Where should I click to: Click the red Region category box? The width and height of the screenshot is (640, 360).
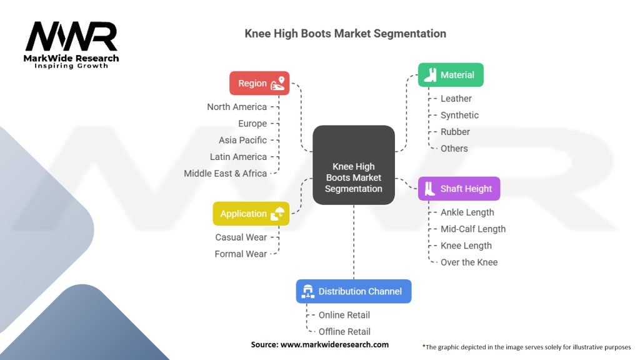point(259,83)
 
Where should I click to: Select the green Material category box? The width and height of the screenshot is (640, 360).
point(451,75)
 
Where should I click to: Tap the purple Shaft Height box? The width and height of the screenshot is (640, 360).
point(459,189)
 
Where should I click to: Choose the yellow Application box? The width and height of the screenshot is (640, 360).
point(251,214)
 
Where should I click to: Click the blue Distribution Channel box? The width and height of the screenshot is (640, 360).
point(354,291)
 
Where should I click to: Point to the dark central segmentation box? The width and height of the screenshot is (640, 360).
point(354,165)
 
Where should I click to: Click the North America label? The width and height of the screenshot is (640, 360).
point(237,107)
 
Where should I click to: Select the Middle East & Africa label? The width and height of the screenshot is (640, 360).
point(225,174)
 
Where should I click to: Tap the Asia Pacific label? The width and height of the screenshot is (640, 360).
point(243,140)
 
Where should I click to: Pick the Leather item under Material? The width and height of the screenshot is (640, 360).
point(456,99)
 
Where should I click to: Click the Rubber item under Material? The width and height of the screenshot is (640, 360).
point(455,132)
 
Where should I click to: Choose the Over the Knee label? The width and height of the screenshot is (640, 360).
point(469,262)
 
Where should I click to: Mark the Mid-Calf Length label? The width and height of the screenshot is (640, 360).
point(473,229)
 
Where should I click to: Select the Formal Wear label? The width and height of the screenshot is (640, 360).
point(241,254)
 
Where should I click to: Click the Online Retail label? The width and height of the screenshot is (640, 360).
point(344,315)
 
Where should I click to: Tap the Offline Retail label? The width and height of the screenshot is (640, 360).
point(344,332)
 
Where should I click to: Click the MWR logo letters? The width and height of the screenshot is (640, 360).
point(71,37)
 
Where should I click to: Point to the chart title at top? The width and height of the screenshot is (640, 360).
point(345,34)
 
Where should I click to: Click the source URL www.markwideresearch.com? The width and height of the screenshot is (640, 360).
point(334,344)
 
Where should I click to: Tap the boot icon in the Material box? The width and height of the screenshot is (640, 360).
point(430,75)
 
